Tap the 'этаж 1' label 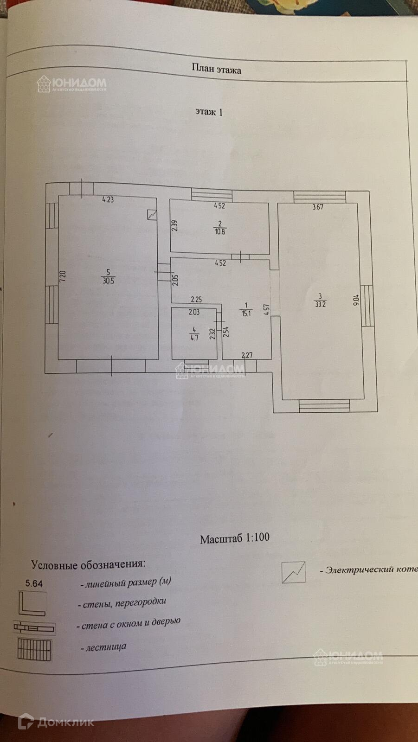coord(209,112)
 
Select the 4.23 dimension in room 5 coord(108,200)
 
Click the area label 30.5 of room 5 coord(108,281)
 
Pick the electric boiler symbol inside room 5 coord(152,215)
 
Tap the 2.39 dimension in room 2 coord(174,226)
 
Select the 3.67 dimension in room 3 coord(317,207)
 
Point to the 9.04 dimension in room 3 coord(356,301)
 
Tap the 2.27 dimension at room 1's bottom coord(247,356)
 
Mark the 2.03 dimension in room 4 coord(194,312)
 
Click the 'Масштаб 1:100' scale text coord(235,539)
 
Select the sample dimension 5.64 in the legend coord(34,584)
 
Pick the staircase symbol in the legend coord(34,650)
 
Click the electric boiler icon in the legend coord(294,572)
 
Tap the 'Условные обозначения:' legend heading coord(88,564)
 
